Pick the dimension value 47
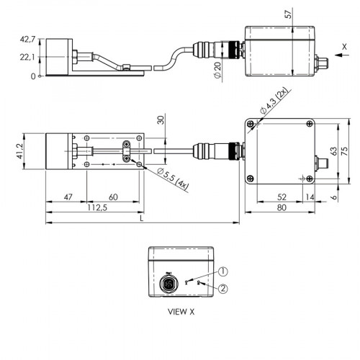point(67,197)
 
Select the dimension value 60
point(113,197)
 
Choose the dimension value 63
point(333,152)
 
